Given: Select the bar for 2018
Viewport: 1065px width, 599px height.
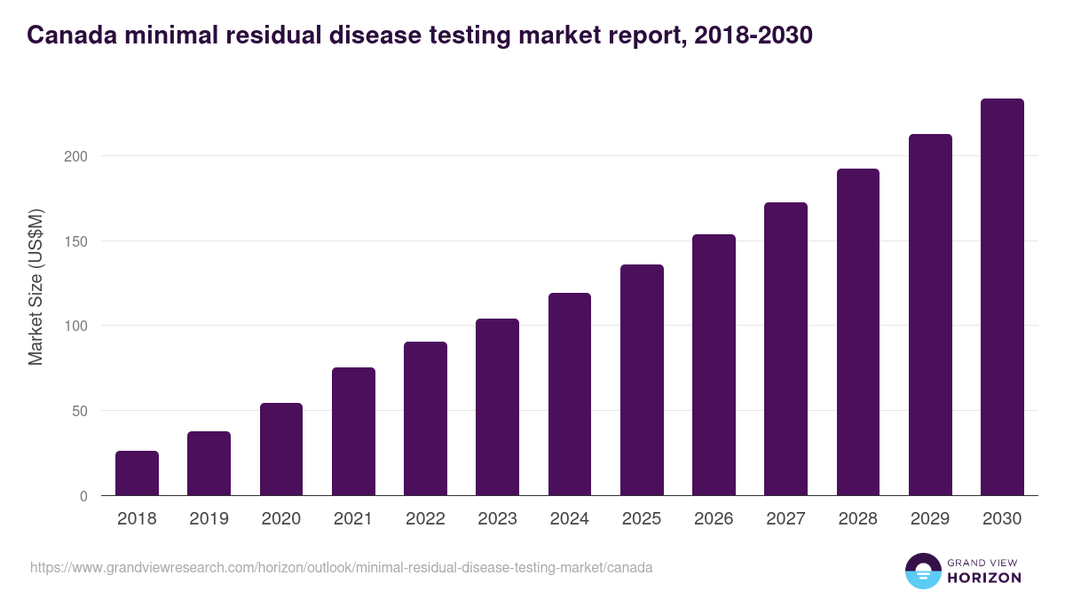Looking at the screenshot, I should tap(137, 473).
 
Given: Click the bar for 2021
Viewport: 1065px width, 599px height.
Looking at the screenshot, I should tap(353, 431).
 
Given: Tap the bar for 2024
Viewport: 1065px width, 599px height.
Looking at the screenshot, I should tap(570, 394).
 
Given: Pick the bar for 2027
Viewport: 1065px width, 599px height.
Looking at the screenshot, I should tap(785, 349).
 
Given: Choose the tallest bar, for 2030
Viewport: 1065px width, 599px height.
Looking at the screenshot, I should tap(1002, 297).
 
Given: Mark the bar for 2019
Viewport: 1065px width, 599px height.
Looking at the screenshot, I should tap(209, 463).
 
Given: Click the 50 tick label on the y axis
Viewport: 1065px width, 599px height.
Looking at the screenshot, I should tap(81, 411).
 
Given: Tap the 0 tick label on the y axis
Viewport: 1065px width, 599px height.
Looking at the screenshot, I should tap(84, 496).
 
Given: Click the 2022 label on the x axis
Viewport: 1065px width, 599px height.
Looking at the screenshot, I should tap(425, 519).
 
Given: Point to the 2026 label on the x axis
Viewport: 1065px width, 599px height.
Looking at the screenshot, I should tap(714, 519).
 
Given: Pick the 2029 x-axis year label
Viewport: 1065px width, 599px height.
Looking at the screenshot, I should tap(930, 519).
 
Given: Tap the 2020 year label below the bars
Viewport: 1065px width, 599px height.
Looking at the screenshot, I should tap(281, 519).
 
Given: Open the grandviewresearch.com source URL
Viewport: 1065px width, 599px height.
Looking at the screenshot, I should tap(342, 567).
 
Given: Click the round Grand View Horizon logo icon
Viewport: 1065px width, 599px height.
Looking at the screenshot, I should tap(922, 571).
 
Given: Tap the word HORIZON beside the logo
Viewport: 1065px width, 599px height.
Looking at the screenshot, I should tap(985, 578).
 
